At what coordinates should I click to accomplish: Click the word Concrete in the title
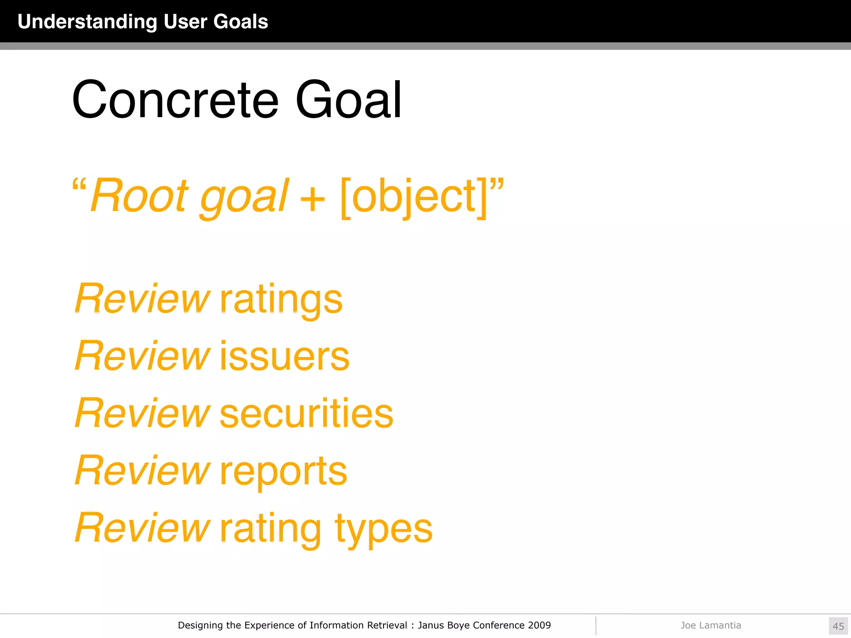pyautogui.click(x=175, y=100)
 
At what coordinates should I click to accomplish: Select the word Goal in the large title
pyautogui.click(x=348, y=100)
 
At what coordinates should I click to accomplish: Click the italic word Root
pyautogui.click(x=139, y=195)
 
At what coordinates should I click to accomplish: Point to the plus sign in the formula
pyautogui.click(x=312, y=198)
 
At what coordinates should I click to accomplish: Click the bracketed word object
pyautogui.click(x=413, y=196)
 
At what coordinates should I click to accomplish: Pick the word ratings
pyautogui.click(x=281, y=300)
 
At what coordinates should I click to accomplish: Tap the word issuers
pyautogui.click(x=284, y=356)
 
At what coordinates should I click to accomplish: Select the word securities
pyautogui.click(x=306, y=414)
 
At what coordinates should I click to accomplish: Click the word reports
pyautogui.click(x=283, y=471)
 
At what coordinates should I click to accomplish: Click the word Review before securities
pyautogui.click(x=142, y=414)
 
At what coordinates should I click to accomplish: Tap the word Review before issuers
pyautogui.click(x=142, y=356)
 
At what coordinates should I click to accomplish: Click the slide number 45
pyautogui.click(x=838, y=626)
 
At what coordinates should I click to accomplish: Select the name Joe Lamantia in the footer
pyautogui.click(x=711, y=625)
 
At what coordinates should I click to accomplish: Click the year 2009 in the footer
pyautogui.click(x=539, y=625)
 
